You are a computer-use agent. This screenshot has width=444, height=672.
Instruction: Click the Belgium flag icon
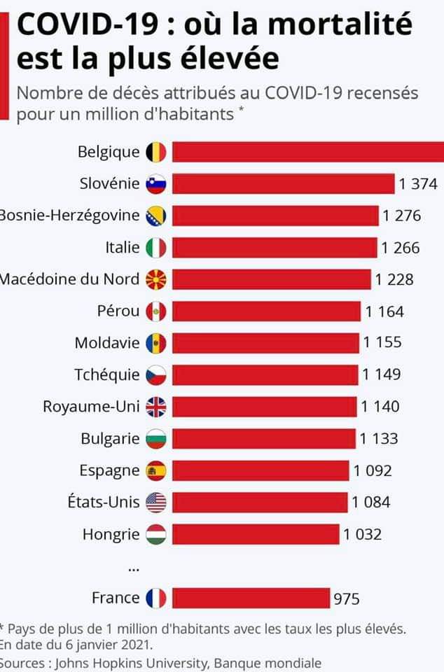point(155,151)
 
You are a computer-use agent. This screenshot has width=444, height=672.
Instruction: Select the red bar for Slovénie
point(284,183)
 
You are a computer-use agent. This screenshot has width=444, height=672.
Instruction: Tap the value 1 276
point(401,216)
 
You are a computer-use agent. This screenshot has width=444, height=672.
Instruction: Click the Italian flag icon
point(155,247)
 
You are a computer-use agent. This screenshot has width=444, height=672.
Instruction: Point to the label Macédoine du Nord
point(69,279)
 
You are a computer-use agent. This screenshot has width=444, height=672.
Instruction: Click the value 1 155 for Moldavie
point(382,342)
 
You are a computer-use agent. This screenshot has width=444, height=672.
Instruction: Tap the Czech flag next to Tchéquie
point(155,374)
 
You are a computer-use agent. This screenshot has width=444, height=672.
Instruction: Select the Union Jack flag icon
point(155,406)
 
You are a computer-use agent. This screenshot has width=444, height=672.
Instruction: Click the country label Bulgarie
point(110,438)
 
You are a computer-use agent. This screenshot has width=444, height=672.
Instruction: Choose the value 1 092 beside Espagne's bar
point(373,470)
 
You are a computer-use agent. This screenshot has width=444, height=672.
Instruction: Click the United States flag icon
point(155,502)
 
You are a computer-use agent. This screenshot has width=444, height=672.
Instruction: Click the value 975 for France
point(346,598)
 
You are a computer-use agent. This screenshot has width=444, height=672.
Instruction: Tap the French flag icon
point(155,598)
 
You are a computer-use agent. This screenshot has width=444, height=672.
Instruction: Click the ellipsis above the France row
point(133,568)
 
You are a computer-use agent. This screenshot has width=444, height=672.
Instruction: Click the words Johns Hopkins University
point(130,662)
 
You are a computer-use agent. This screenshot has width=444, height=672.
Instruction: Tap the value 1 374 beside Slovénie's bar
point(418,184)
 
